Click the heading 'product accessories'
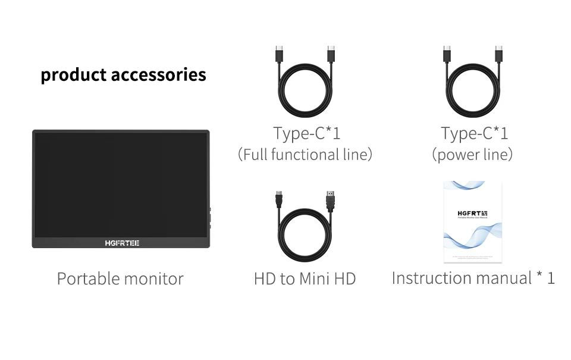point(123,75)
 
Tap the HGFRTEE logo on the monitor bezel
point(122,243)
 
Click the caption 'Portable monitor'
point(120,278)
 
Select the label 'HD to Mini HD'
point(305,278)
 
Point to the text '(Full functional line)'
point(305,155)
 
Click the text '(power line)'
point(472,155)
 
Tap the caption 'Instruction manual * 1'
point(473,278)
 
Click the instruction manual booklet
point(473,221)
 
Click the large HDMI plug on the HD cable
point(330,199)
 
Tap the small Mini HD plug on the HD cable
point(278,198)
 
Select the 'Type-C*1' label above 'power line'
point(474,133)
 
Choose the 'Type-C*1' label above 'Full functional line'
point(306,133)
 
